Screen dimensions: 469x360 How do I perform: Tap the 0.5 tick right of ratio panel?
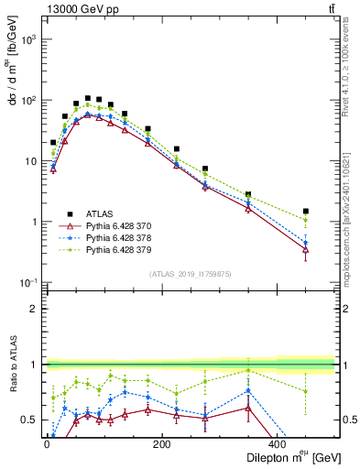[347, 420]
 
